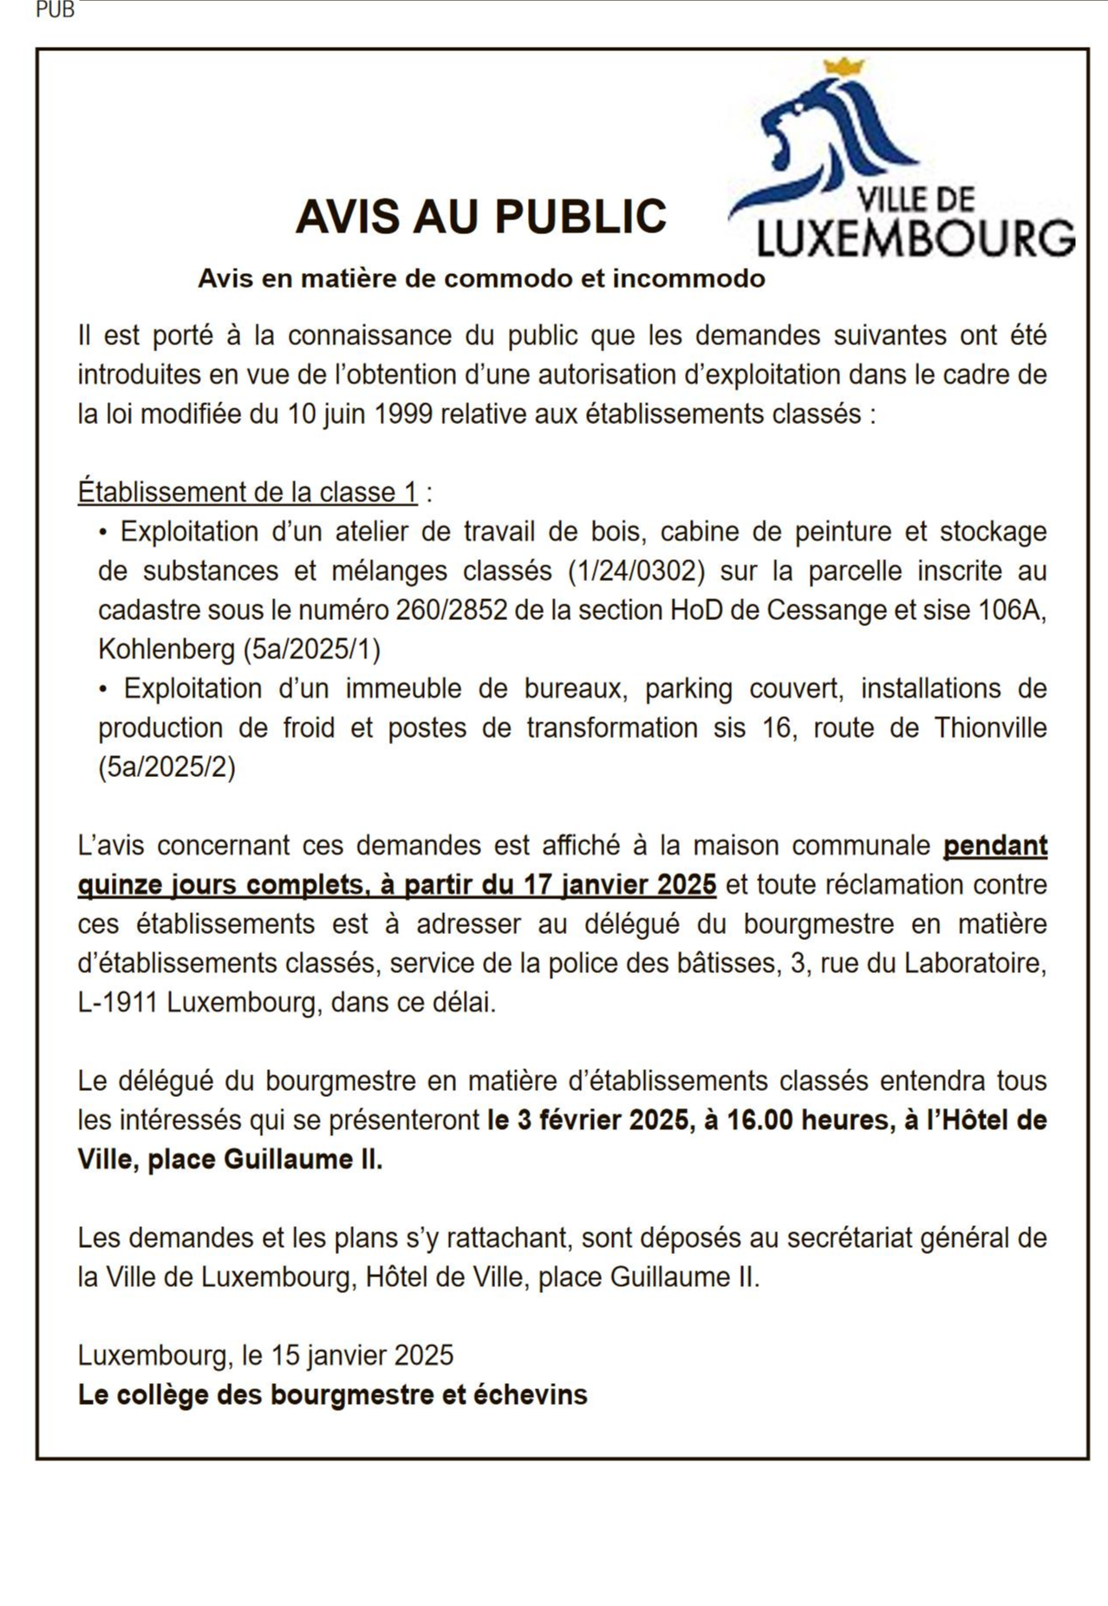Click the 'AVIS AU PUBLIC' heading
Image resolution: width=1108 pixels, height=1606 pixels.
pyautogui.click(x=481, y=217)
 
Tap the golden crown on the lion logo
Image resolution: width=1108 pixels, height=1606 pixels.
pyautogui.click(x=844, y=67)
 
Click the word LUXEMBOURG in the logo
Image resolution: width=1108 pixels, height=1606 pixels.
pyautogui.click(x=916, y=238)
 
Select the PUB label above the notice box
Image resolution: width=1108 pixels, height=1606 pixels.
pyautogui.click(x=55, y=11)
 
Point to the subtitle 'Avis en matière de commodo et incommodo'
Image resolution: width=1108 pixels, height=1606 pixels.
pyautogui.click(x=481, y=278)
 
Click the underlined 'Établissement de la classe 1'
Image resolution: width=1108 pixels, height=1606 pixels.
pyautogui.click(x=248, y=493)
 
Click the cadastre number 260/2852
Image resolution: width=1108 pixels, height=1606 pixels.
pyautogui.click(x=451, y=610)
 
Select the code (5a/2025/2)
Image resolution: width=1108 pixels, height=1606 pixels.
pyautogui.click(x=166, y=767)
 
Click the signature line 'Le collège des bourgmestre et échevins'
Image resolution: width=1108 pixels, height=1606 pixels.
pyautogui.click(x=333, y=1394)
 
